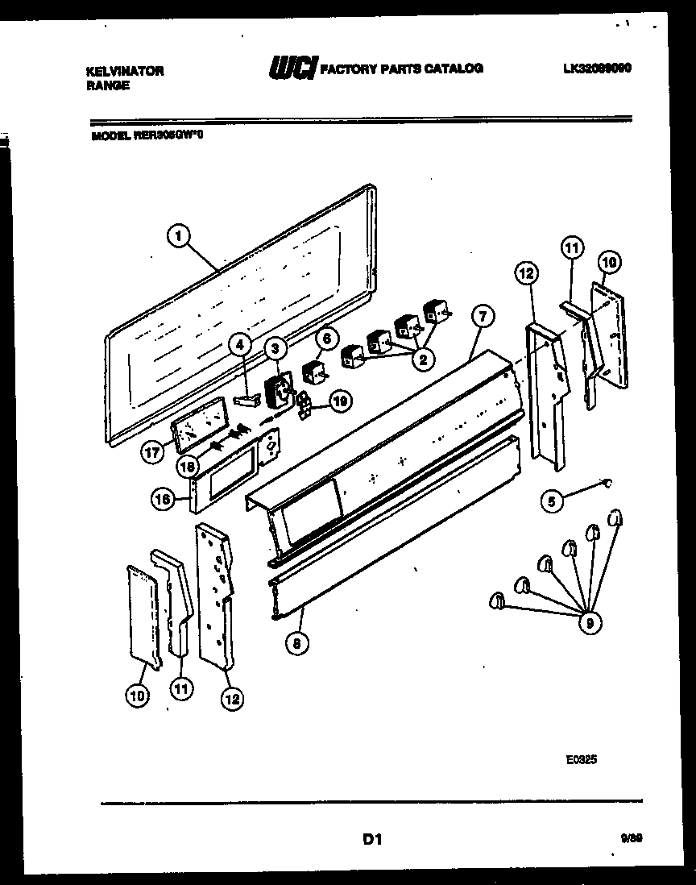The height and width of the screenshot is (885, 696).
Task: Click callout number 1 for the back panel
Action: pos(179,236)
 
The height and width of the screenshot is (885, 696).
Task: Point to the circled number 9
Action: pos(590,622)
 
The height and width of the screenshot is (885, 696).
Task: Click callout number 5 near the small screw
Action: pos(552,501)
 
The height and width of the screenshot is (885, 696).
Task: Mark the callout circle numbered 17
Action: pos(151,454)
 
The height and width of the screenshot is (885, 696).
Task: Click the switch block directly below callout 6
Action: pos(313,373)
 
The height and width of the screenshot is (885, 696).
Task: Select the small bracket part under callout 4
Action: pos(246,398)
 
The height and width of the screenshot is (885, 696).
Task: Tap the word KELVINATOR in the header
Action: pos(124,71)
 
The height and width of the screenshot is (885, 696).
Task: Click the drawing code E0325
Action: pos(581,758)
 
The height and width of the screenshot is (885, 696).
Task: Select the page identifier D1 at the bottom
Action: pos(371,840)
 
